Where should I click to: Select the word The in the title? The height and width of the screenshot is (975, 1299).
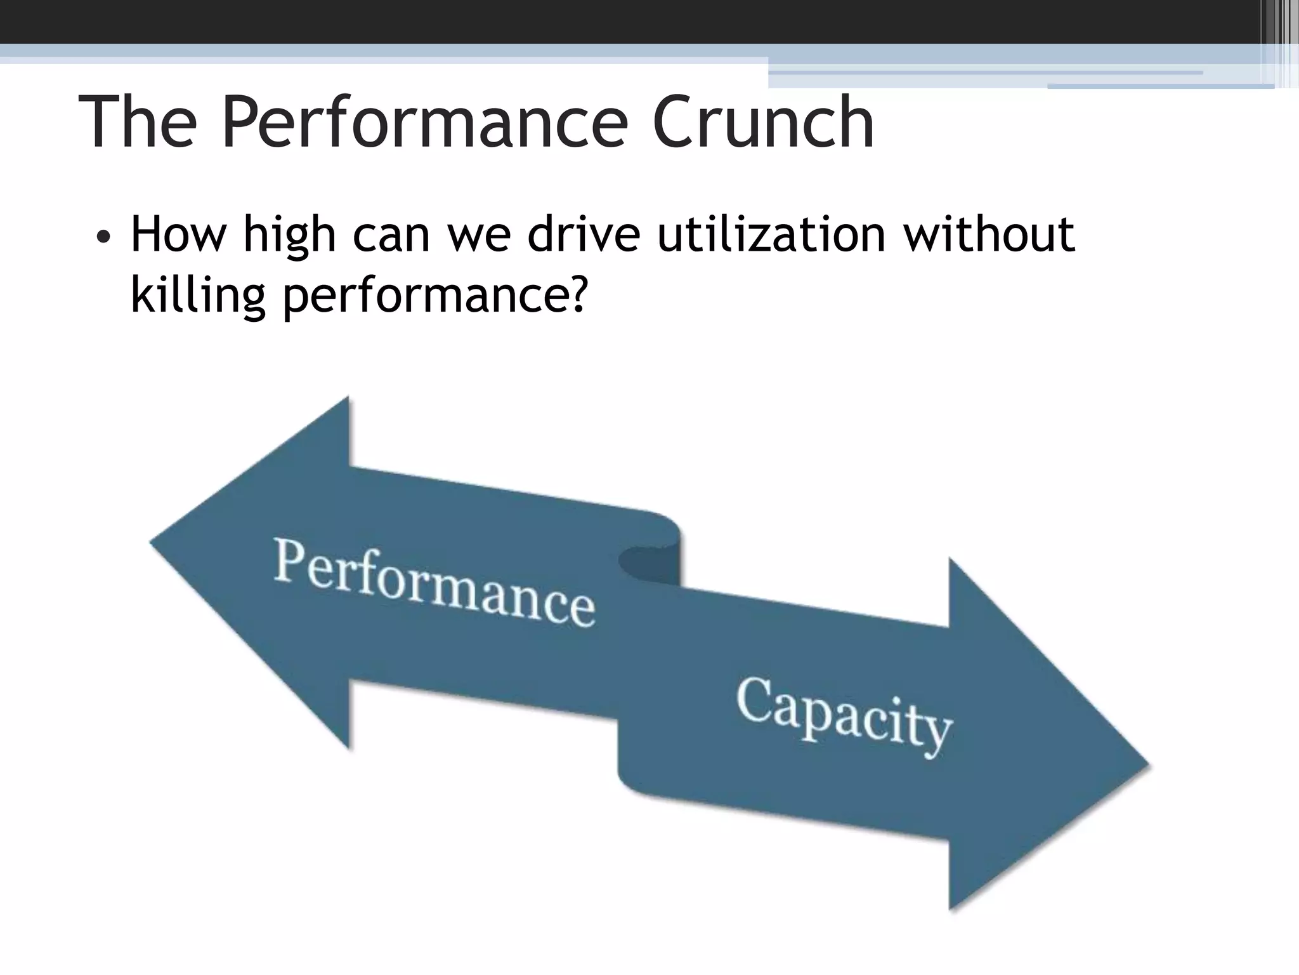[138, 122]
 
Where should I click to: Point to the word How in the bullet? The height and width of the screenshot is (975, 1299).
[178, 235]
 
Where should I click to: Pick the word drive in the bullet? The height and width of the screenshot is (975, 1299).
[584, 235]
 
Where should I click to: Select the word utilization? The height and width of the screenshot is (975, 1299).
[771, 235]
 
